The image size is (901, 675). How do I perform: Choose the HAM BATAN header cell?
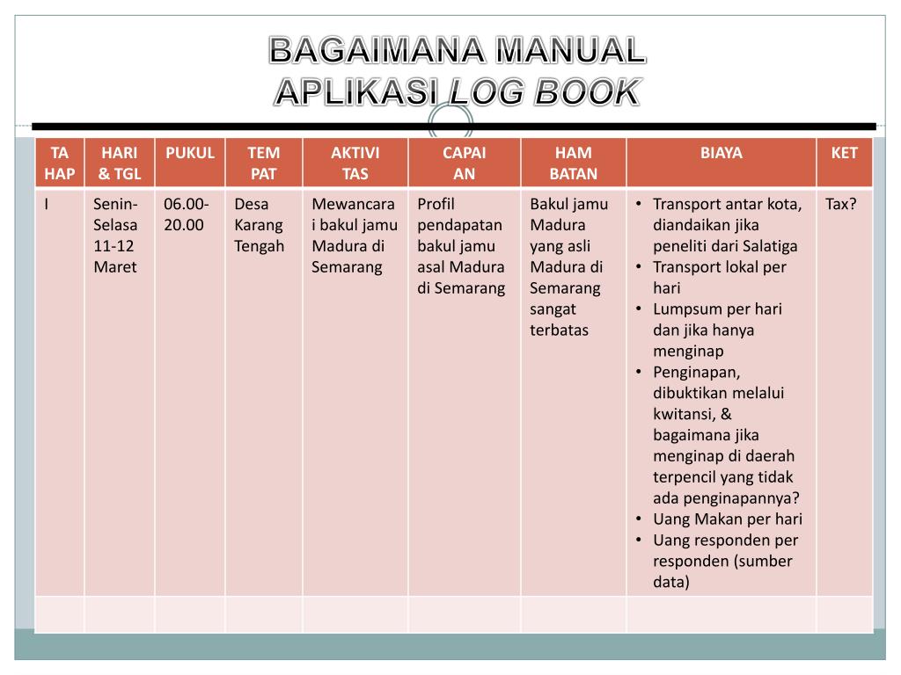tap(573, 163)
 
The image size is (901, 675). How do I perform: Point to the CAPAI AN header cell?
tap(464, 163)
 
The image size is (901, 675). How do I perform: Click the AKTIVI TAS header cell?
tap(355, 163)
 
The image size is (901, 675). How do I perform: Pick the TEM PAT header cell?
tap(263, 163)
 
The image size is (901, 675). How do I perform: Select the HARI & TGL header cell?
tap(119, 163)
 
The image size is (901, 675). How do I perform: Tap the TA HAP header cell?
tap(59, 163)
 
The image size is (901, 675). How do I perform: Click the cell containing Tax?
tap(840, 205)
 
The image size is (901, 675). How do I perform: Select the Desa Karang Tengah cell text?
tap(259, 225)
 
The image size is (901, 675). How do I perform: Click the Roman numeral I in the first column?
tap(47, 205)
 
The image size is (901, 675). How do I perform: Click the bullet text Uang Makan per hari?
tap(727, 519)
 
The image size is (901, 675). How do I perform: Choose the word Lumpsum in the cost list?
tap(685, 309)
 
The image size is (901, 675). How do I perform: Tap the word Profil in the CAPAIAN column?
tap(436, 205)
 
